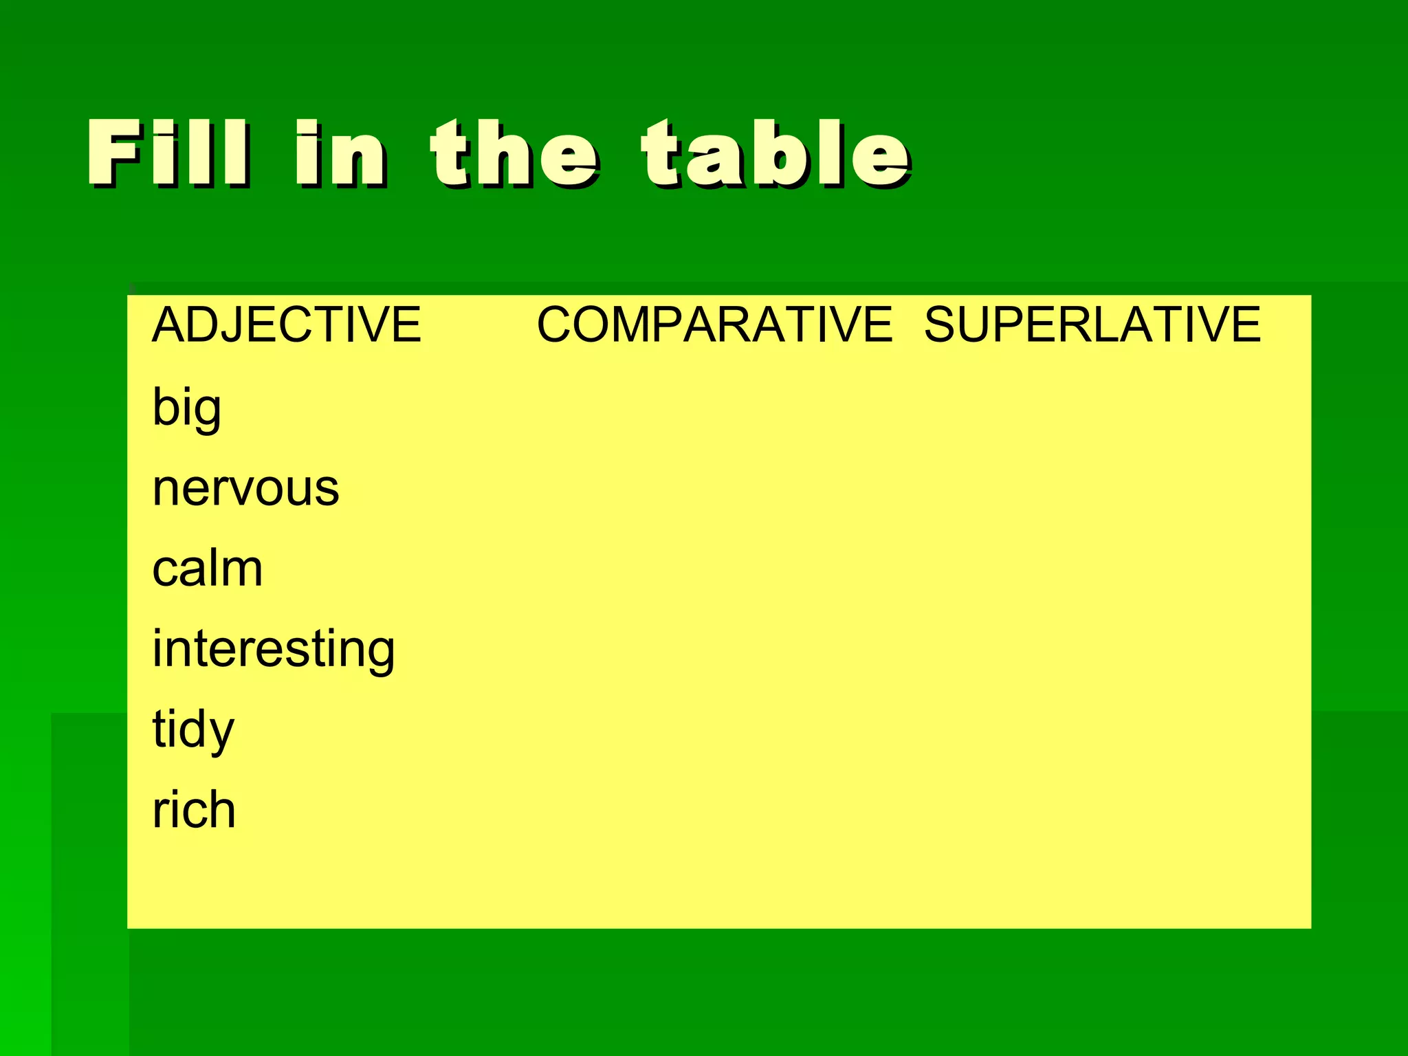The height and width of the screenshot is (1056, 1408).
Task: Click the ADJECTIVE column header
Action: [286, 324]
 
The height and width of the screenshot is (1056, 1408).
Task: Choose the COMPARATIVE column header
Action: [714, 324]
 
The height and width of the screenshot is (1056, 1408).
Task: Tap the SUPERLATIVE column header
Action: [1092, 324]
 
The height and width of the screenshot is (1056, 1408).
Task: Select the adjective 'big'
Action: [186, 408]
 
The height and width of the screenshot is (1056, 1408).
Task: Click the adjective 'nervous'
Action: [245, 488]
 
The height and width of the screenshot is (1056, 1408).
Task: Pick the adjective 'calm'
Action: [207, 569]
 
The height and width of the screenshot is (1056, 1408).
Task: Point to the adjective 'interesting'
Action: [273, 650]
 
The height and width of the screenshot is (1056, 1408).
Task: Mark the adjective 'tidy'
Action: [193, 730]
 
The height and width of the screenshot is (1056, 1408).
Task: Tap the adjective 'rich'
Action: [194, 810]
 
